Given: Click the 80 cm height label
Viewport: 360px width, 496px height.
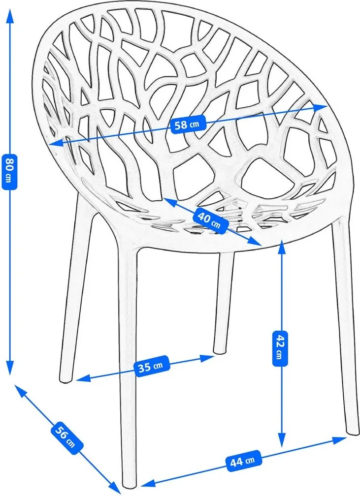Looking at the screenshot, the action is pyautogui.click(x=9, y=171).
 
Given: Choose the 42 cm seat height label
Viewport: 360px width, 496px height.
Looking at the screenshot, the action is pyautogui.click(x=280, y=348).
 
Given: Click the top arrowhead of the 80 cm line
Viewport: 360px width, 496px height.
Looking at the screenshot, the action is pyautogui.click(x=10, y=15).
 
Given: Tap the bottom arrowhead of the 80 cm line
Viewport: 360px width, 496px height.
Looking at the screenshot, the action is pyautogui.click(x=10, y=369).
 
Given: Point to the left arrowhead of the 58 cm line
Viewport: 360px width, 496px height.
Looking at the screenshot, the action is pyautogui.click(x=56, y=144).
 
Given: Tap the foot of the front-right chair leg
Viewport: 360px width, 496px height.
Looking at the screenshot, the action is pyautogui.click(x=353, y=432).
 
